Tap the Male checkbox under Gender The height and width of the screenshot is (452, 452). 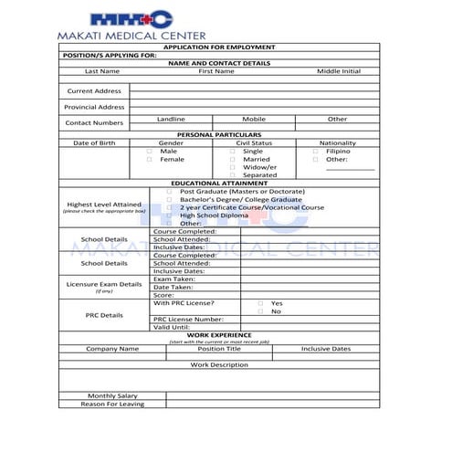150,151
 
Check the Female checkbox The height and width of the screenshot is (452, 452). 150,159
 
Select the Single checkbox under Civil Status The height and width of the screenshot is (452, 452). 232,151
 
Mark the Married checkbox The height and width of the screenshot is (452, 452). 232,159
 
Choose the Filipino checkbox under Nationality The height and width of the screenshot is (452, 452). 316,151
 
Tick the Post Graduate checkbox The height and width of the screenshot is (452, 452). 169,191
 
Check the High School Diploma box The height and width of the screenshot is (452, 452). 169,215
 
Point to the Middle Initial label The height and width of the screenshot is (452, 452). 338,70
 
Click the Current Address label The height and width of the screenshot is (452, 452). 94,91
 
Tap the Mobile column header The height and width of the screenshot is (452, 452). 254,119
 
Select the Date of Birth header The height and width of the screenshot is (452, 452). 94,142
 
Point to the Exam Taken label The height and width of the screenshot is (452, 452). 173,279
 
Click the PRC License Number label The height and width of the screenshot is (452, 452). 188,319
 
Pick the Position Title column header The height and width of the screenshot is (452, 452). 219,348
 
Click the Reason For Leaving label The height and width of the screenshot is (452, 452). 112,404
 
